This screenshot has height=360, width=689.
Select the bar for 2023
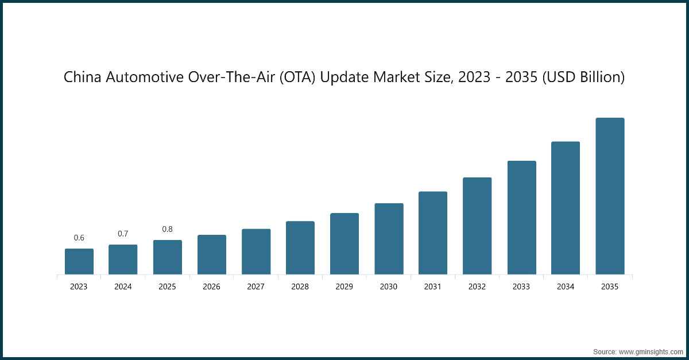coord(79,261)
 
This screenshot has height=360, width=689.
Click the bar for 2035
coord(610,196)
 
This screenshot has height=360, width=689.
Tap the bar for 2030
coord(389,239)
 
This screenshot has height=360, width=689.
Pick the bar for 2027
coord(256,251)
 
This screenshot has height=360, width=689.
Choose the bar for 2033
coord(521,218)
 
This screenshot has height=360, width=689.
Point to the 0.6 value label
coord(79,238)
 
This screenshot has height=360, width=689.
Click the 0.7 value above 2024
coord(123,234)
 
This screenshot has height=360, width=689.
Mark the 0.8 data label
coord(167,229)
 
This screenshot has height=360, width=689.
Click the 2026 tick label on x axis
coord(212,287)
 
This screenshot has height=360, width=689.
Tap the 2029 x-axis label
coord(344,287)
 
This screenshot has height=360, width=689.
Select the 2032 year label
coord(477,287)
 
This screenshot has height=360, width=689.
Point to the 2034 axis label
coord(566,287)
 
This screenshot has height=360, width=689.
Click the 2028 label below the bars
coord(300,287)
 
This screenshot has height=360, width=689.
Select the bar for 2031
coord(433,233)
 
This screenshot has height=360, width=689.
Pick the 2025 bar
coord(168,257)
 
